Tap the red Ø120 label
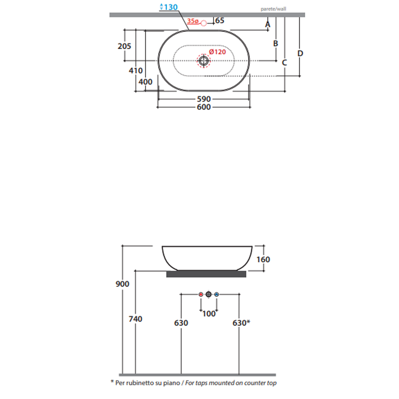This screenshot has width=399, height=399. (x=217, y=52)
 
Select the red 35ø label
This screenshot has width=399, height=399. (x=193, y=21)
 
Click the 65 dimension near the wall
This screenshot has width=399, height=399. (x=220, y=21)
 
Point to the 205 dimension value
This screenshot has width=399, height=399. (x=124, y=46)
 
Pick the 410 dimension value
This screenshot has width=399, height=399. (x=136, y=71)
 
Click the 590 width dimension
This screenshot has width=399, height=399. (x=203, y=99)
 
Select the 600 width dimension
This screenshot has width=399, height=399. (x=203, y=107)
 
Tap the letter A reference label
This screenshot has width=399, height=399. (x=267, y=24)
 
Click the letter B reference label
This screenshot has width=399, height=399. (x=275, y=43)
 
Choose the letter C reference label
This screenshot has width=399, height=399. (x=284, y=62)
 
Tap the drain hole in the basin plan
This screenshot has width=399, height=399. (x=203, y=61)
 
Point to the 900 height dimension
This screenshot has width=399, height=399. (x=123, y=284)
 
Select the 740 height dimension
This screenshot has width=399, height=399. (x=136, y=319)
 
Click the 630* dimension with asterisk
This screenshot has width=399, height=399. (x=241, y=323)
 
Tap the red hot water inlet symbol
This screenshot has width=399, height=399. (x=200, y=295)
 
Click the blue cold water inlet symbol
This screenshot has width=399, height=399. (x=216, y=295)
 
